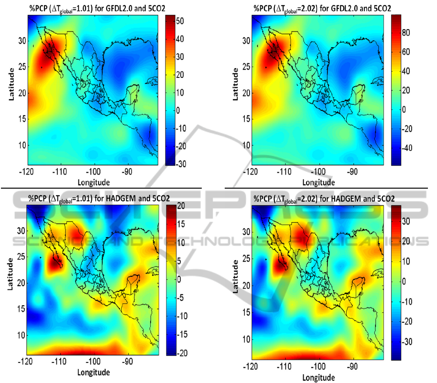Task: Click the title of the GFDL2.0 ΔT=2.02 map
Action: (322, 7)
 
